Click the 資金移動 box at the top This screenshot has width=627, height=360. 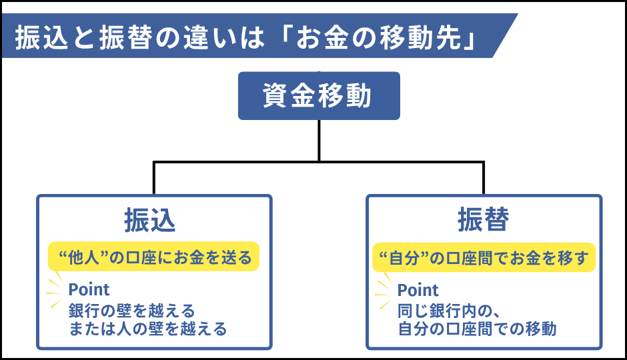319,96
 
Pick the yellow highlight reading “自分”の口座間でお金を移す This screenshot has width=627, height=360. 483,257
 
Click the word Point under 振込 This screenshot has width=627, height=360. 89,290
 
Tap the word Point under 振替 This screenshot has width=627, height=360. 418,290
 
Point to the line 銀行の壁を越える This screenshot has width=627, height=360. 132,310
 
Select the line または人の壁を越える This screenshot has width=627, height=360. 148,329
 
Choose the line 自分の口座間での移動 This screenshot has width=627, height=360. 477,329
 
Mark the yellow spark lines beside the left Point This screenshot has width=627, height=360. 54,291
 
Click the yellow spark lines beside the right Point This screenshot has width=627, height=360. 384,291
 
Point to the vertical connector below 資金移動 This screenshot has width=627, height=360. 319,140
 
